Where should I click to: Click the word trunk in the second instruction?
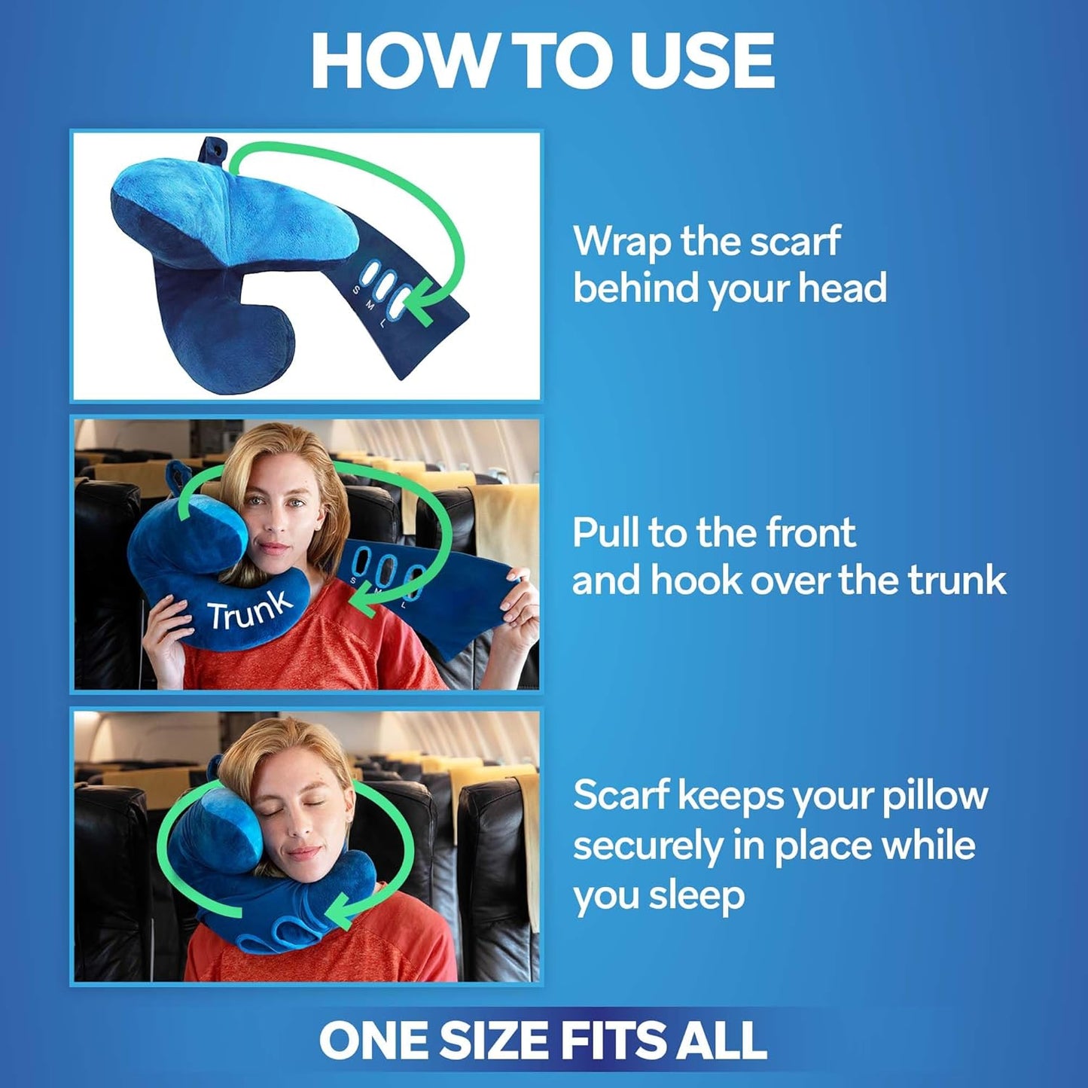[956, 581]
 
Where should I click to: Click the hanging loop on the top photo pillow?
[214, 150]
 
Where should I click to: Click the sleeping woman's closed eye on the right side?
[314, 803]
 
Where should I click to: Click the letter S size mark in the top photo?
[356, 291]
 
